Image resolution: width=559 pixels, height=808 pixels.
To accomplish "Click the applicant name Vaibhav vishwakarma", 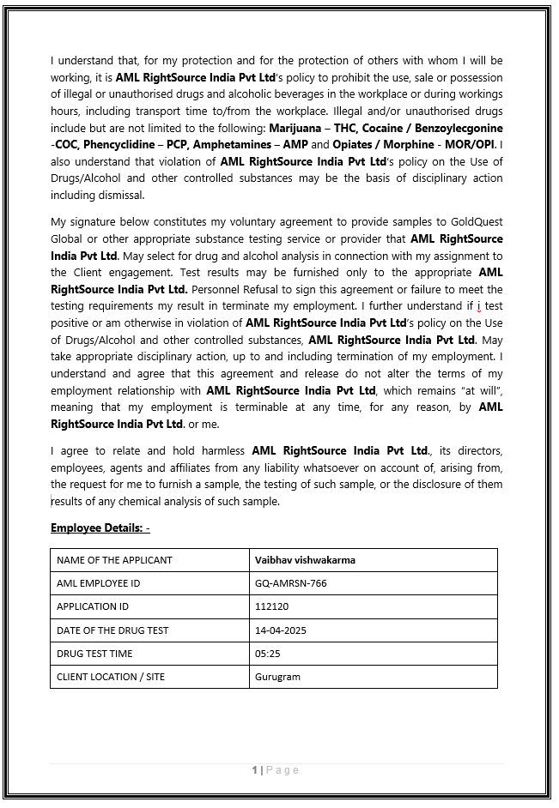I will tap(305, 560).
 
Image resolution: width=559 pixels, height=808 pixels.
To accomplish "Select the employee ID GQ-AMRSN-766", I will tap(290, 583).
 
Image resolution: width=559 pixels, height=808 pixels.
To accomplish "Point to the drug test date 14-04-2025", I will tap(280, 630).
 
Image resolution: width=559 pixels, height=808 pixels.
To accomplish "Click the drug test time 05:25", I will tap(267, 654).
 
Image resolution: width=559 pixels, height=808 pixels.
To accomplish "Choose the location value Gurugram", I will tap(277, 677).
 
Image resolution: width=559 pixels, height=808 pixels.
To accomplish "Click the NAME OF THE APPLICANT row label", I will tap(114, 560).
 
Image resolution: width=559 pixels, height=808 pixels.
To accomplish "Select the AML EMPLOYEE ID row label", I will tap(98, 583).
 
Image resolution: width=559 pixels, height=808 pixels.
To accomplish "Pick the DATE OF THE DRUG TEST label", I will tap(112, 630).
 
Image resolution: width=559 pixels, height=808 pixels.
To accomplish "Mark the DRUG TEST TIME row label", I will tap(94, 654).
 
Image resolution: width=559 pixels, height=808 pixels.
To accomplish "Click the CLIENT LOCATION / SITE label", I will tap(111, 677).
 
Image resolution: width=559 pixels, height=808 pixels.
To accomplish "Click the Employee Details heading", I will tap(100, 528).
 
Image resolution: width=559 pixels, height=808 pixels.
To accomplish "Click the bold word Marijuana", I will tap(295, 128).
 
